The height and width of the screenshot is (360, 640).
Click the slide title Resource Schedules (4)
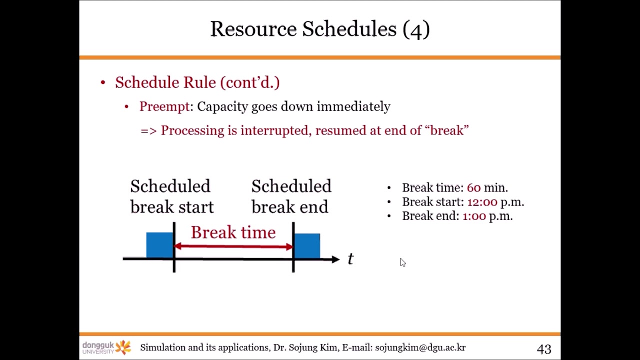320,29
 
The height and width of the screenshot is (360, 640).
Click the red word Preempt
164,106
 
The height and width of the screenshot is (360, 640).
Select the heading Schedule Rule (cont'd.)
197,82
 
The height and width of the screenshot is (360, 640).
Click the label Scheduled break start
171,196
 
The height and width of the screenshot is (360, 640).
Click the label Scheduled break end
291,196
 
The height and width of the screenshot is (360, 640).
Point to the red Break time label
233,232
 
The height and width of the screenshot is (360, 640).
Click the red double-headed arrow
233,246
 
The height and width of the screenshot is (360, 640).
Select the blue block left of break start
159,245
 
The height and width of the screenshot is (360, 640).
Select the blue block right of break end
307,245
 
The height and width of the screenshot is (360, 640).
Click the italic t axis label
350,259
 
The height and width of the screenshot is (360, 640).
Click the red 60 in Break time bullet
473,188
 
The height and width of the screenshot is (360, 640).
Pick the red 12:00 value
482,202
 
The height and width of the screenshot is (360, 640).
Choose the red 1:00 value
474,216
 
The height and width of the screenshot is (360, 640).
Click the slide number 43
544,349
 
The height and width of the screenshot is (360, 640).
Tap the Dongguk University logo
106,347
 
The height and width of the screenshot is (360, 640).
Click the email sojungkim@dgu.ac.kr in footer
420,347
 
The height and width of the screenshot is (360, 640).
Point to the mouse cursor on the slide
403,262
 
